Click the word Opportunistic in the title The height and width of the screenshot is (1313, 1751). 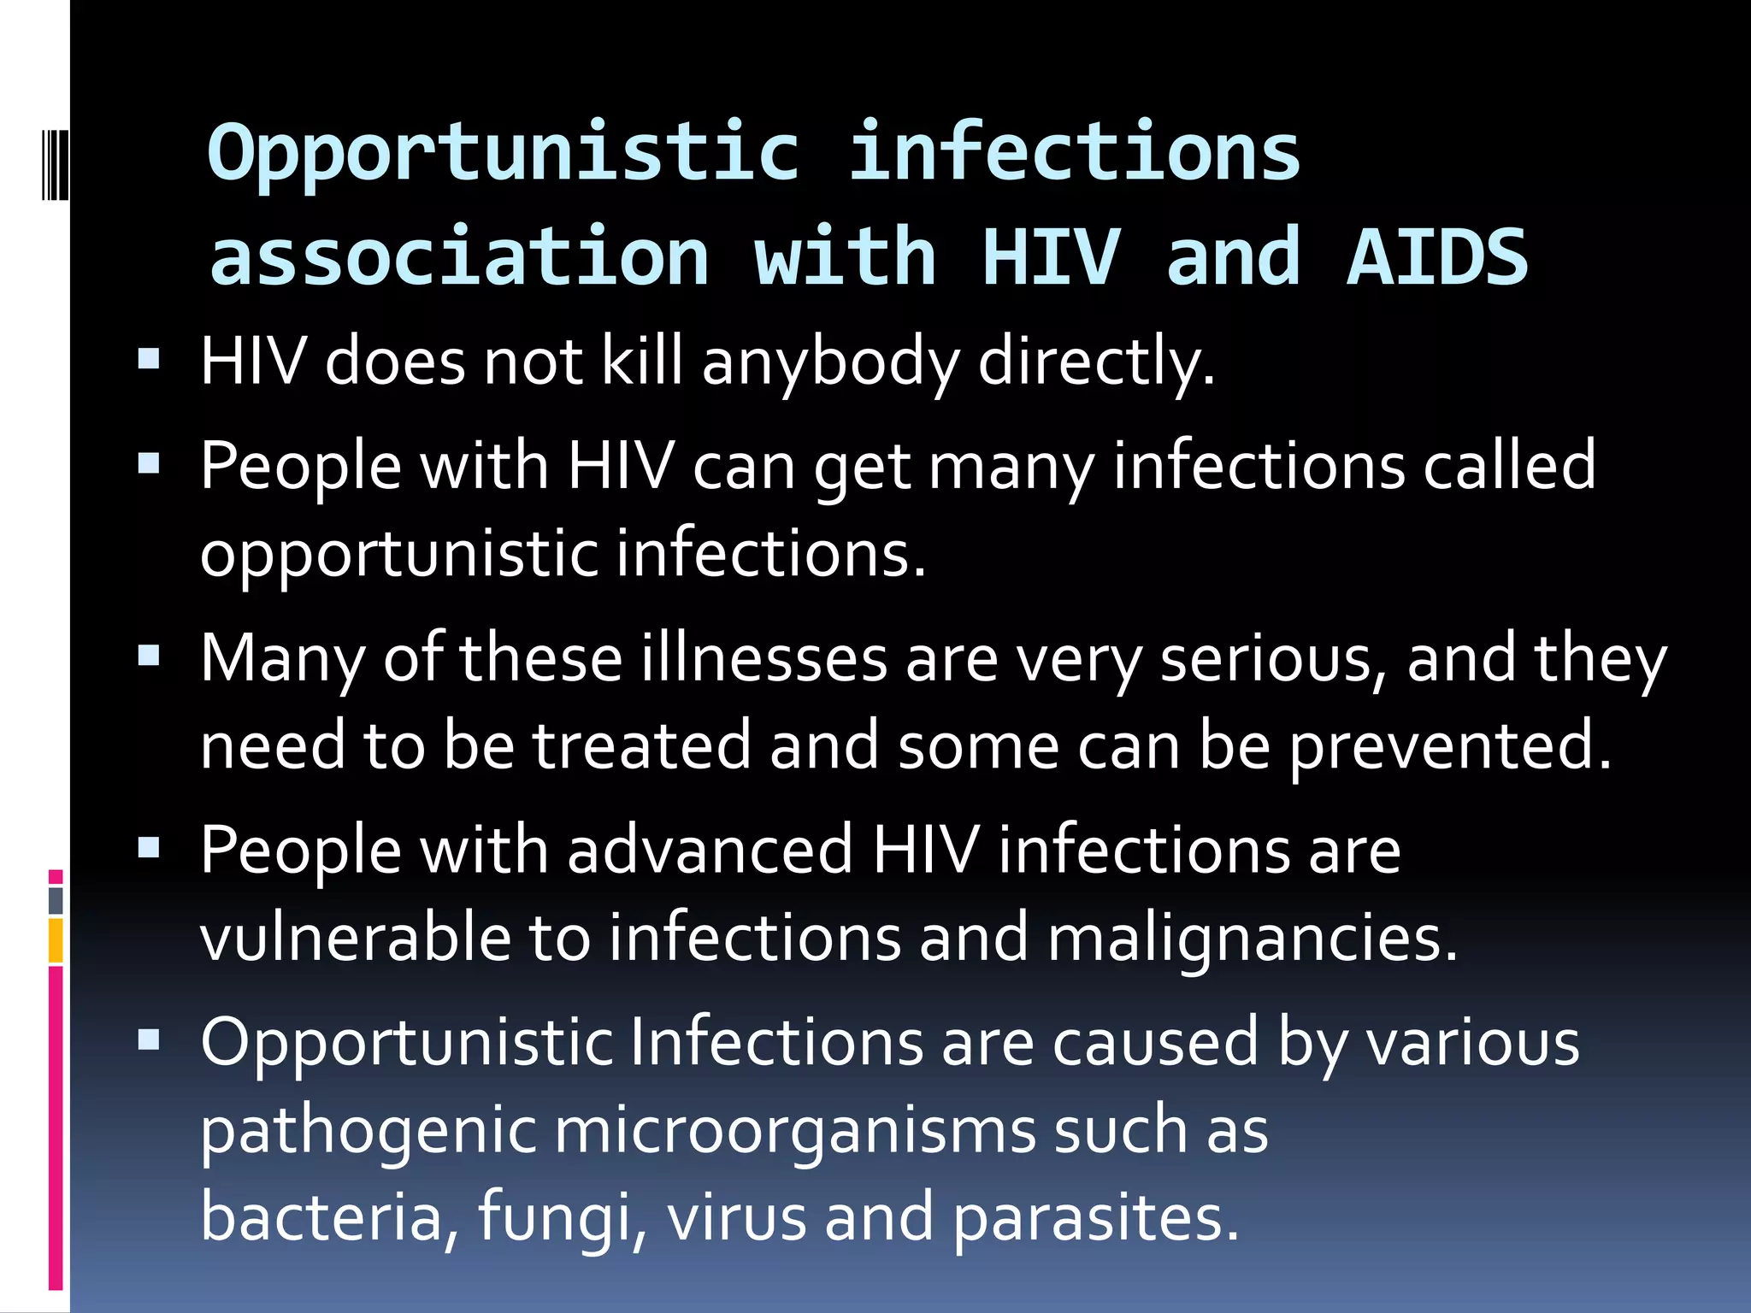tap(503, 154)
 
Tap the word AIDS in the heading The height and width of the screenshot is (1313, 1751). tap(1436, 257)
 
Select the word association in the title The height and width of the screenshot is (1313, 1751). tap(459, 257)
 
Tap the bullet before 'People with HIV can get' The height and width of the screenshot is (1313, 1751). tap(149, 463)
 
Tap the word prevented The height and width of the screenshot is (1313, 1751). tap(1449, 746)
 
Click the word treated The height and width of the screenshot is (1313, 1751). tap(643, 746)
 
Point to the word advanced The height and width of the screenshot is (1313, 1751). tap(710, 851)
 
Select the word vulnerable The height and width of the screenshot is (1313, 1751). tap(355, 938)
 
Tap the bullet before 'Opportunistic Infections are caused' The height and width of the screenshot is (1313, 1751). tap(149, 1039)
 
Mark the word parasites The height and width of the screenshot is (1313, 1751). tap(1094, 1218)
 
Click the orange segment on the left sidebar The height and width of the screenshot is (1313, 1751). tap(56, 940)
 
